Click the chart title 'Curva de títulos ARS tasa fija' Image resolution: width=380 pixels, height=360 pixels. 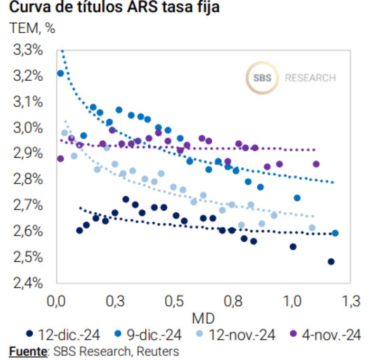click(x=114, y=8)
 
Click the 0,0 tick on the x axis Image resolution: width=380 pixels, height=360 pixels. click(x=57, y=301)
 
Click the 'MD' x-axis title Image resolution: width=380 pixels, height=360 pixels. click(x=203, y=318)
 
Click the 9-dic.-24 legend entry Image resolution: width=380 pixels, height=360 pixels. click(x=149, y=335)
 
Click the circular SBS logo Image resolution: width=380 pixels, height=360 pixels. click(x=262, y=77)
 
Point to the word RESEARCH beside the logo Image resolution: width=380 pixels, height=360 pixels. click(x=310, y=78)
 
